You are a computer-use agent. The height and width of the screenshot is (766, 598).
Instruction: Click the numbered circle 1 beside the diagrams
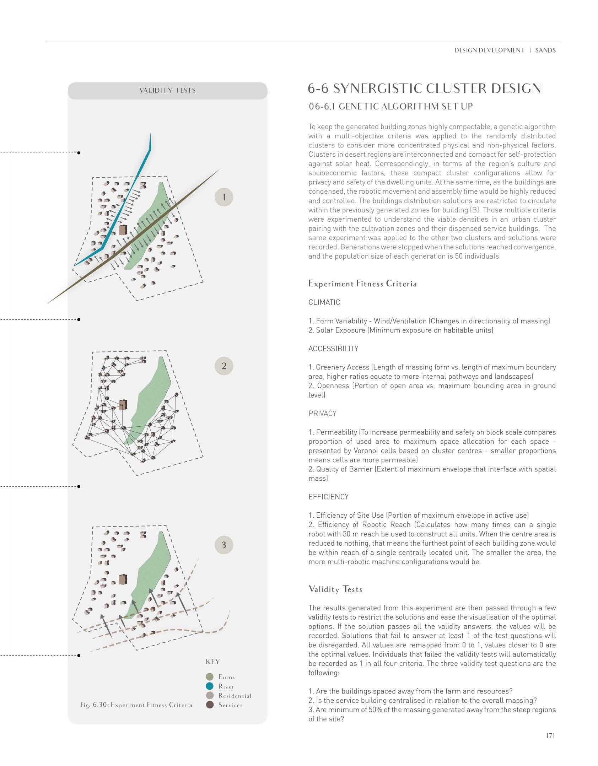click(224, 197)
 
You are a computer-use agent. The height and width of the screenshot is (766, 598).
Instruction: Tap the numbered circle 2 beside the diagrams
click(224, 366)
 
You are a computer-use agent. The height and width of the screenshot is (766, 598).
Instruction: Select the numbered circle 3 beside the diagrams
click(224, 545)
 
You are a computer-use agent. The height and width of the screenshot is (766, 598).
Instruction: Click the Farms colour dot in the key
click(210, 677)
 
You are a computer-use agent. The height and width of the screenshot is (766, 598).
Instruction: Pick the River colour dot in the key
click(210, 686)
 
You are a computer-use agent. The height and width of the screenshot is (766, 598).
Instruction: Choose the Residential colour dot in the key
click(210, 695)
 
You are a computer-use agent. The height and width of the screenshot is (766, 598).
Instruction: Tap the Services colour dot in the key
click(210, 705)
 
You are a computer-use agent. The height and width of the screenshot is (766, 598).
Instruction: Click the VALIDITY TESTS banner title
click(167, 91)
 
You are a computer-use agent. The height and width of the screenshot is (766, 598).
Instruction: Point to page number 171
click(550, 746)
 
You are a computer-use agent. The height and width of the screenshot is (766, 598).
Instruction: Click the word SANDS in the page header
click(545, 50)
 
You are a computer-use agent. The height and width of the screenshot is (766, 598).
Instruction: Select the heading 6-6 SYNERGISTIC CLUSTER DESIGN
click(424, 89)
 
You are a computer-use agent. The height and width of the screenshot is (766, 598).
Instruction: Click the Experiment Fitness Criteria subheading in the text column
click(362, 284)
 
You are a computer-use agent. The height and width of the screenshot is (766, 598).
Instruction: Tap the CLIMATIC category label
click(324, 302)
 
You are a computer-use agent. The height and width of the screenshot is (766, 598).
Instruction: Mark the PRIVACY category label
click(322, 413)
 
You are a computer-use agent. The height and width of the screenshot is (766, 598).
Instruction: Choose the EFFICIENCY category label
click(328, 497)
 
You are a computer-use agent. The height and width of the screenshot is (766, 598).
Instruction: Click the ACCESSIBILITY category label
click(333, 349)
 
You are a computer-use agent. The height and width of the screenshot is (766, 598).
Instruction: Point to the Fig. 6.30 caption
click(136, 705)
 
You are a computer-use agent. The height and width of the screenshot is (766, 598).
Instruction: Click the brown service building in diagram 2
click(123, 405)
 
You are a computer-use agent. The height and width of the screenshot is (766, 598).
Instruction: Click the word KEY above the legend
click(213, 662)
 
